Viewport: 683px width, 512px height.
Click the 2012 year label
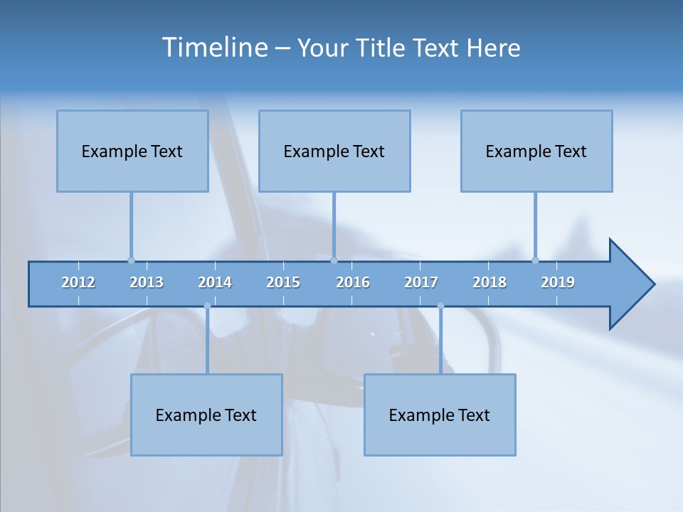78,282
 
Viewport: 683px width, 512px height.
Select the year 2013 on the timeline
147,282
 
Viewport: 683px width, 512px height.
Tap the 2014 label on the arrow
215,282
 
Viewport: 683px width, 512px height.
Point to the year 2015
283,282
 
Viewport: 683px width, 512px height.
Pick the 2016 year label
353,282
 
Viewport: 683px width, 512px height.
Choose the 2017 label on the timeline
421,282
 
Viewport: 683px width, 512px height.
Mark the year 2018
489,282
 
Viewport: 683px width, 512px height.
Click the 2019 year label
558,282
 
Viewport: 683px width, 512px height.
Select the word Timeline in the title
214,48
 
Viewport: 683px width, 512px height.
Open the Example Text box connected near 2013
132,151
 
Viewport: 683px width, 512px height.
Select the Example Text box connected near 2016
334,151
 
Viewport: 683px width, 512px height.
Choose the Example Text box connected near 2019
536,151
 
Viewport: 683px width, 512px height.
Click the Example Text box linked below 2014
206,415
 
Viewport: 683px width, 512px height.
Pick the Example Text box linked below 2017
440,415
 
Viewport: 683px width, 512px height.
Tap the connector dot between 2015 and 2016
334,260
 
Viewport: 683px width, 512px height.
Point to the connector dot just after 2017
441,306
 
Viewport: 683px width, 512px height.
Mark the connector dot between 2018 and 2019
536,260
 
